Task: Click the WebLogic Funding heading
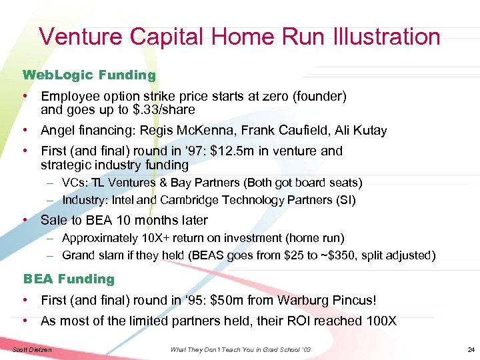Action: tap(89, 75)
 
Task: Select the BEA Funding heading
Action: tap(69, 279)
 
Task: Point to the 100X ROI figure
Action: tap(381, 321)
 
